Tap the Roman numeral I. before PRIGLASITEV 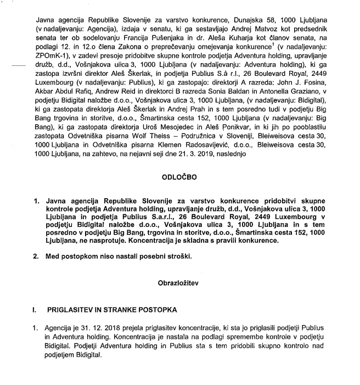pos(35,310)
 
